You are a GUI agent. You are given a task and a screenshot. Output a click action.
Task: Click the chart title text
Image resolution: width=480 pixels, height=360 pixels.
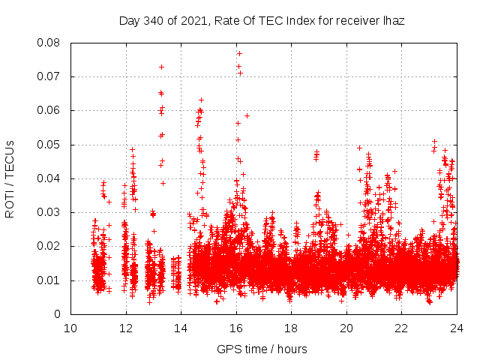pos(262,21)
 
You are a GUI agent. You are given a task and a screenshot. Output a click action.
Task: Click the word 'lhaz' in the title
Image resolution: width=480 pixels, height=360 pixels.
pos(393,21)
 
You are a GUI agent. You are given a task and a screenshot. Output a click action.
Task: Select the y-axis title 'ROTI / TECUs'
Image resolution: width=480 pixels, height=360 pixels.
pos(10,178)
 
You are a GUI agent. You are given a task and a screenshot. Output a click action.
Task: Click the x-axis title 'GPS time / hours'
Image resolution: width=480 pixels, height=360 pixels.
pos(262,349)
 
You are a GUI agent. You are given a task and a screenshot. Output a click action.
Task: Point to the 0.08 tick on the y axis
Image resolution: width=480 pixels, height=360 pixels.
pos(49,43)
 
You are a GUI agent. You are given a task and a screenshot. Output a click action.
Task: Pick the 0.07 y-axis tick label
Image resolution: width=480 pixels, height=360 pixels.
pos(49,76)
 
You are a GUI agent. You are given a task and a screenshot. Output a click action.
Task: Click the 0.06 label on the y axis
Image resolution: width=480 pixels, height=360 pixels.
pos(49,110)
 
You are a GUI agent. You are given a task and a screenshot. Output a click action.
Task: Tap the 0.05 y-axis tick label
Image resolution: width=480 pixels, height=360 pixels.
pos(49,145)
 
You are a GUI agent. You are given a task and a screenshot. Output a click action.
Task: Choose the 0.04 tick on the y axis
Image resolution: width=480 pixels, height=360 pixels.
pos(49,178)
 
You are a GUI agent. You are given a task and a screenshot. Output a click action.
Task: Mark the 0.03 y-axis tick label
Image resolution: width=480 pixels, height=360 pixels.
pos(49,212)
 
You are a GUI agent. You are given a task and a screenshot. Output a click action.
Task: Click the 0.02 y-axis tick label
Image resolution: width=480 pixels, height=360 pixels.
pos(49,246)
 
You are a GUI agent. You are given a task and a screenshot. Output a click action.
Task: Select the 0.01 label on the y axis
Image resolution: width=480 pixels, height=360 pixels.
pos(49,280)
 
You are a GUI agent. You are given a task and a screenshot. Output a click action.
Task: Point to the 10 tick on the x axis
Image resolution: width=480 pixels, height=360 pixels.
pos(70,328)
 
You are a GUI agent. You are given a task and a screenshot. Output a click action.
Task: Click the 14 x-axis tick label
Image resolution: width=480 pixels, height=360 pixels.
pos(181,328)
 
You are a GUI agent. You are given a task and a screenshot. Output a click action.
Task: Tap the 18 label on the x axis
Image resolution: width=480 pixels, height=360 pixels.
pos(291,328)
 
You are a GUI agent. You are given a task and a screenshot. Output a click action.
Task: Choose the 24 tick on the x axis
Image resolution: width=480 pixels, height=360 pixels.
pos(456,328)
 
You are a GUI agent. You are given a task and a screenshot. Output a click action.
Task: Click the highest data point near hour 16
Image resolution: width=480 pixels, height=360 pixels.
pos(239,53)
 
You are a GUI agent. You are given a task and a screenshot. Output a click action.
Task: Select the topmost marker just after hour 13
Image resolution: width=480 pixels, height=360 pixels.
pos(161,67)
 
